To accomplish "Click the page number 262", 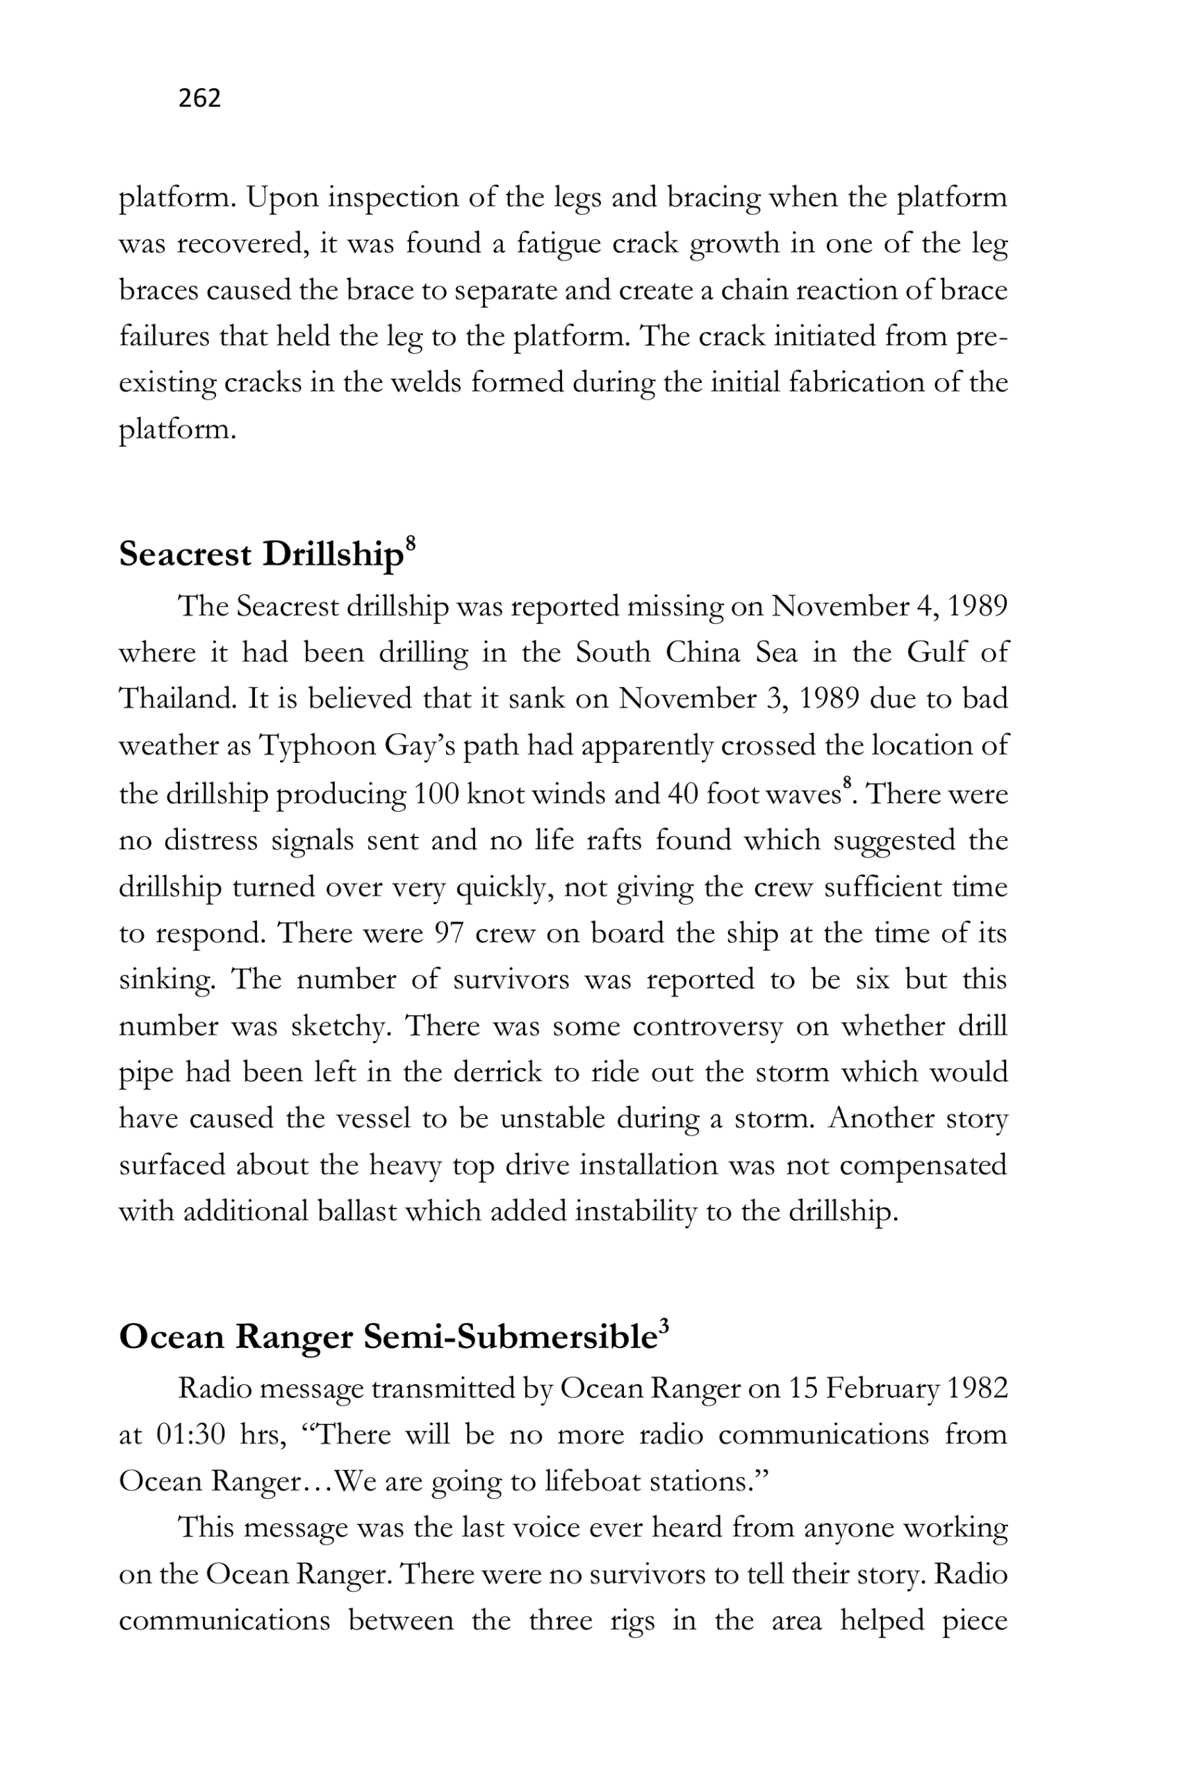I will pyautogui.click(x=199, y=98).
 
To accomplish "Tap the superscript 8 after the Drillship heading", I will pyautogui.click(x=411, y=543).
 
